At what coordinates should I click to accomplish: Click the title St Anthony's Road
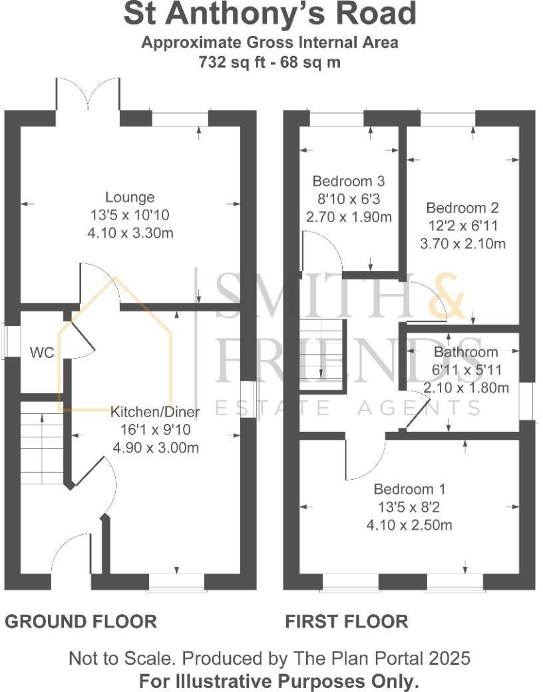click(270, 15)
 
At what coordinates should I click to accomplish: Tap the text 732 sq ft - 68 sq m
click(270, 63)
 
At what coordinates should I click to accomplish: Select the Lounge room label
click(130, 197)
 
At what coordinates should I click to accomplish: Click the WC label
click(42, 353)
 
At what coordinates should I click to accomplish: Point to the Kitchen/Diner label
click(154, 411)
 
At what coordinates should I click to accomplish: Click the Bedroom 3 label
click(349, 181)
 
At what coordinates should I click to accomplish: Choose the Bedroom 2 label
click(462, 208)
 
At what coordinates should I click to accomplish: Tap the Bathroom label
click(466, 352)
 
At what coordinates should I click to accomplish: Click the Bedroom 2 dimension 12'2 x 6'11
click(462, 226)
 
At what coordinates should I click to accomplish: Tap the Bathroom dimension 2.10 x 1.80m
click(466, 388)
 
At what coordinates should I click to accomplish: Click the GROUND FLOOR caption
click(81, 621)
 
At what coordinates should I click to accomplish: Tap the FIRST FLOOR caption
click(346, 621)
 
